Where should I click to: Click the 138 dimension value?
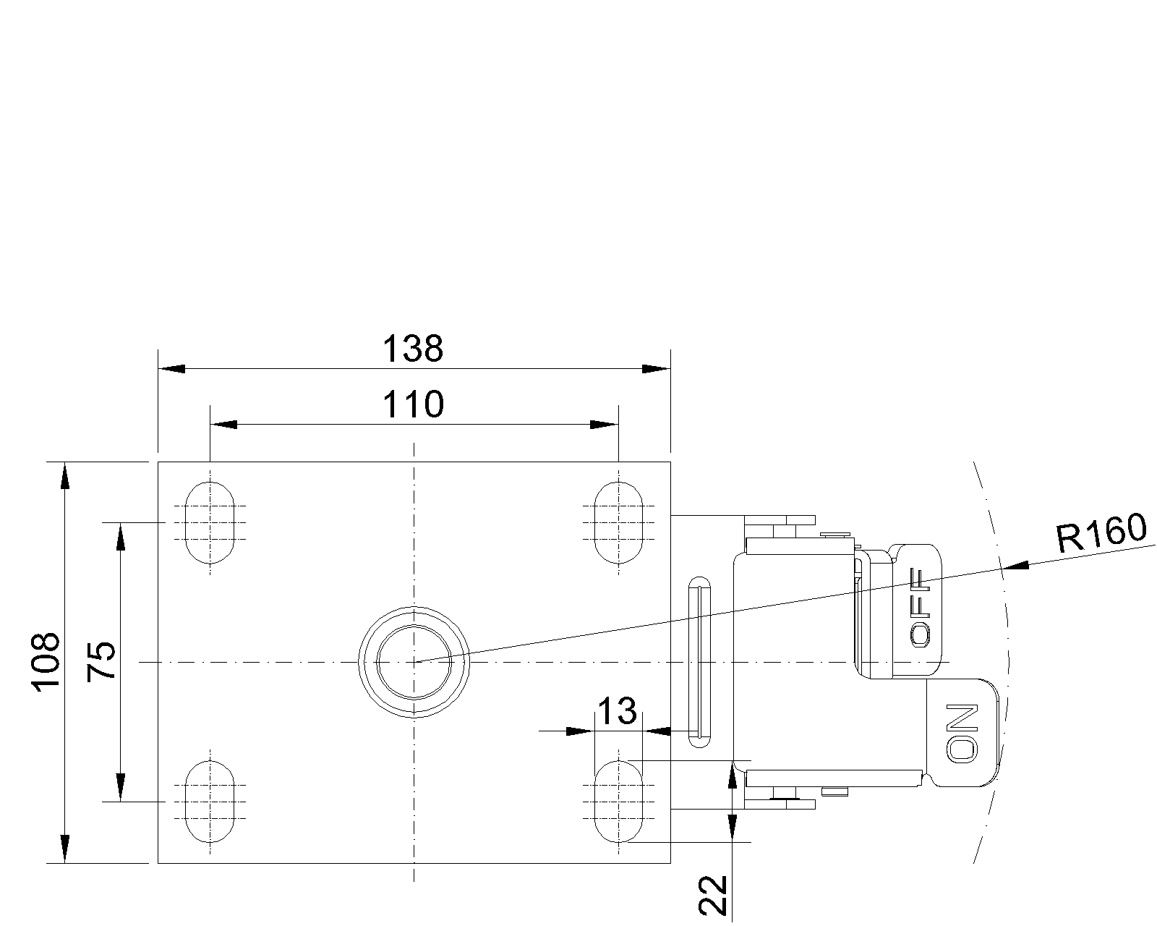(x=413, y=349)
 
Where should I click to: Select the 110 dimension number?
(x=413, y=404)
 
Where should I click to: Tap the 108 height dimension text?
(x=46, y=662)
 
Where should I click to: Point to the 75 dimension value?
(x=101, y=661)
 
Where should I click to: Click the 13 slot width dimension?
(x=618, y=710)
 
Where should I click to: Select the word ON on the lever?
(x=962, y=733)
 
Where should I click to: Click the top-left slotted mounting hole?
(x=210, y=522)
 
